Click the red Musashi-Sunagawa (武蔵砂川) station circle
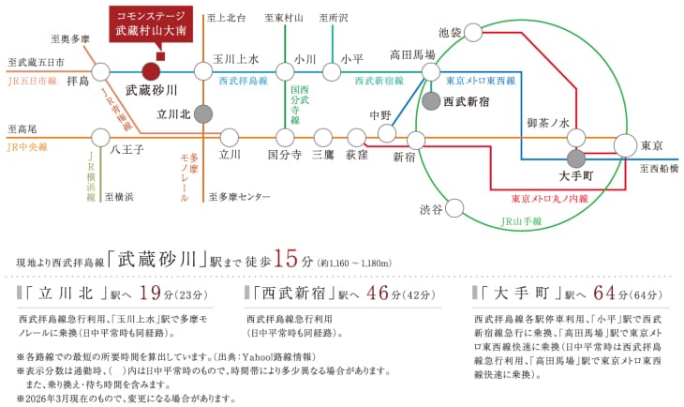pyautogui.click(x=151, y=71)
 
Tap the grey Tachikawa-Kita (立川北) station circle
pyautogui.click(x=202, y=114)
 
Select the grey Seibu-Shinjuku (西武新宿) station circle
pyautogui.click(x=431, y=101)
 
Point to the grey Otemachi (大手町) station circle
pyautogui.click(x=576, y=159)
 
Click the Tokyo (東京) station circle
pyautogui.click(x=626, y=145)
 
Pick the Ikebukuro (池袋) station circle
pyautogui.click(x=473, y=33)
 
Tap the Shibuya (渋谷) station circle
pyautogui.click(x=454, y=209)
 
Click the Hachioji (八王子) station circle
pyautogui.click(x=101, y=138)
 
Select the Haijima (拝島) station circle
pyautogui.click(x=101, y=71)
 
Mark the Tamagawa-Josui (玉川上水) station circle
pyautogui.click(x=202, y=71)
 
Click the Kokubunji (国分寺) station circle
pyautogui.click(x=285, y=138)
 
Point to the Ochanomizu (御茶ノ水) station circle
pyautogui.click(x=576, y=138)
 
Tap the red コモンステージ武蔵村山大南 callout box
pyautogui.click(x=151, y=24)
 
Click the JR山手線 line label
pyautogui.click(x=521, y=221)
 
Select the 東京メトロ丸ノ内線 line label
pyautogui.click(x=550, y=199)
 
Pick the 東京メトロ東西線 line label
pyautogui.click(x=481, y=81)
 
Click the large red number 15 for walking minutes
pyautogui.click(x=286, y=258)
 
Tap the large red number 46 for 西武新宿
pyautogui.click(x=378, y=293)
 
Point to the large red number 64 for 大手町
pyautogui.click(x=604, y=293)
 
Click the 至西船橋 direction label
pyautogui.click(x=659, y=169)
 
